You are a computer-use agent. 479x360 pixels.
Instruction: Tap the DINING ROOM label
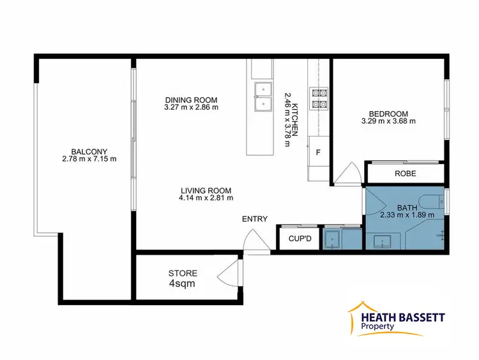pos(192,100)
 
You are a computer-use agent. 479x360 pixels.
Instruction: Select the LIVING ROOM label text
pos(205,190)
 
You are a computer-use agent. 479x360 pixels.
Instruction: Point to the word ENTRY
pos(254,219)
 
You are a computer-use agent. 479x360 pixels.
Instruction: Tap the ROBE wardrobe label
pos(405,173)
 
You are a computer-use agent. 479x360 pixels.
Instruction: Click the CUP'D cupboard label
pos(300,239)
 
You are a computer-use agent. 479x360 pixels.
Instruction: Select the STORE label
pos(183,273)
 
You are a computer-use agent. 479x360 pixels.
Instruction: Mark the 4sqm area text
pos(183,284)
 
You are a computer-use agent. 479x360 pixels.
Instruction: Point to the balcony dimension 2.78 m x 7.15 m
pos(89,158)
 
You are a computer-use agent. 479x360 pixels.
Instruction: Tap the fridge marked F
pos(317,151)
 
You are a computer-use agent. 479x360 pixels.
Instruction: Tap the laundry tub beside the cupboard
pos(331,239)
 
